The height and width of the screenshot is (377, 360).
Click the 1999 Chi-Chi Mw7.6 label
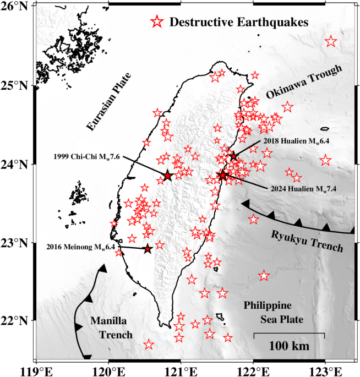(x=87, y=156)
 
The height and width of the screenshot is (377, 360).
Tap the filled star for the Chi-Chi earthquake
(x=168, y=176)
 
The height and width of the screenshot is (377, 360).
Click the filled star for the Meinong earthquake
(x=148, y=249)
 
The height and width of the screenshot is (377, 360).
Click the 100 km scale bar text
(x=289, y=346)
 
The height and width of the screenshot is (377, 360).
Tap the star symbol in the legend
(x=157, y=22)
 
